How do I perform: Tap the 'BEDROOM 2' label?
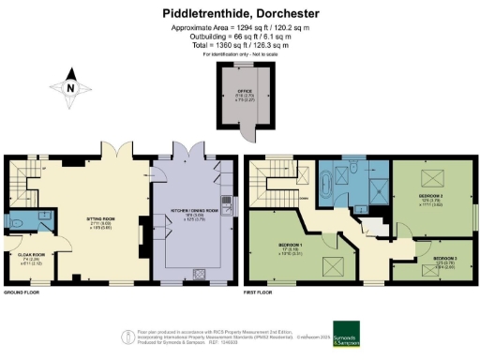[x=431, y=196]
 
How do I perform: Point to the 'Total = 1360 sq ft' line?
[x=247, y=44]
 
